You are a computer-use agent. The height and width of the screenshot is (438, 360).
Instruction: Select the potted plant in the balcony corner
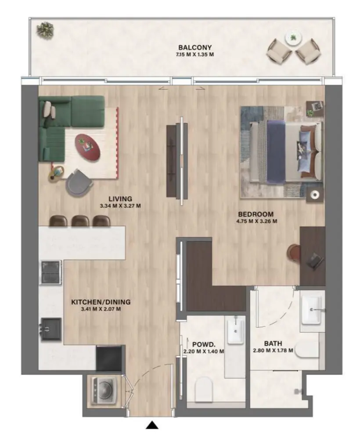coord(44,29)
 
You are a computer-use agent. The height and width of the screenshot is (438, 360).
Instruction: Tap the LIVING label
coord(120,199)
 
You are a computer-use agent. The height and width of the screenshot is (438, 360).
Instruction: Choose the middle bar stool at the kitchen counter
coord(80,221)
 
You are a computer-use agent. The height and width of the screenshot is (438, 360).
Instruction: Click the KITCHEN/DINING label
coord(101,302)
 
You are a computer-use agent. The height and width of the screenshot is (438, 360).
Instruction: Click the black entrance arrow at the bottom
coord(152,424)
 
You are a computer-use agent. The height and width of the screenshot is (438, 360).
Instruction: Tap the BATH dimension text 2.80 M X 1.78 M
coord(273,351)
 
